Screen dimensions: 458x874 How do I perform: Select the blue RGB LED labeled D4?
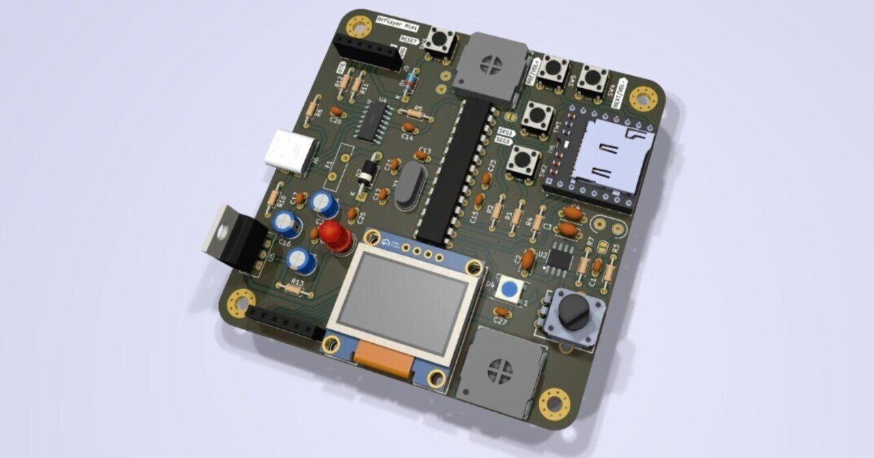(508, 290)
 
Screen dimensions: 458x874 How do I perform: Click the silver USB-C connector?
(292, 151)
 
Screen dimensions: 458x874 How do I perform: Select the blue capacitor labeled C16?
(286, 224)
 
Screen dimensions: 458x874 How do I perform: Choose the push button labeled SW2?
(524, 161)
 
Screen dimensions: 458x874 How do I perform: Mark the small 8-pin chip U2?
(560, 257)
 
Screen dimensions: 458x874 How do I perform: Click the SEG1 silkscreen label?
(505, 129)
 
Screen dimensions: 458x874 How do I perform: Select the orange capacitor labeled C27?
(502, 312)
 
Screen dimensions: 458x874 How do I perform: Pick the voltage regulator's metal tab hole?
(220, 230)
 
